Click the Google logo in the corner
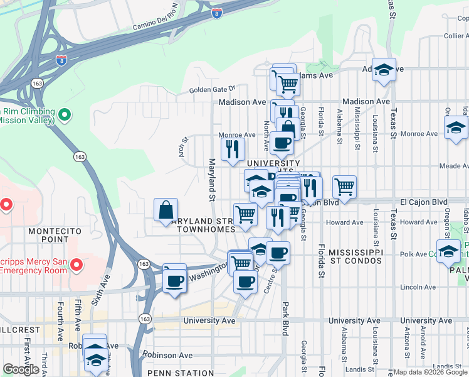[x=21, y=369]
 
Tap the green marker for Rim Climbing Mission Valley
[x=64, y=115]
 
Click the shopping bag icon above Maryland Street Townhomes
[x=166, y=210]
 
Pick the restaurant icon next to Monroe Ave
[x=232, y=150]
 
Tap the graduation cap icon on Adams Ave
[x=384, y=70]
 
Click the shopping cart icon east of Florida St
[x=344, y=186]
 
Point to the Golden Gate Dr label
[x=212, y=89]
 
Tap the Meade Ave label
[x=455, y=166]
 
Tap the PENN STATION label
[x=182, y=373]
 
